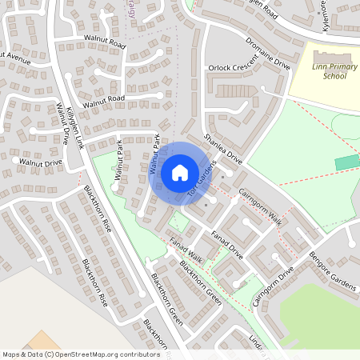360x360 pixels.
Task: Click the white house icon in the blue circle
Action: tap(180, 172)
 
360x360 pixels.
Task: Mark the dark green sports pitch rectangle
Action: tap(347, 162)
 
